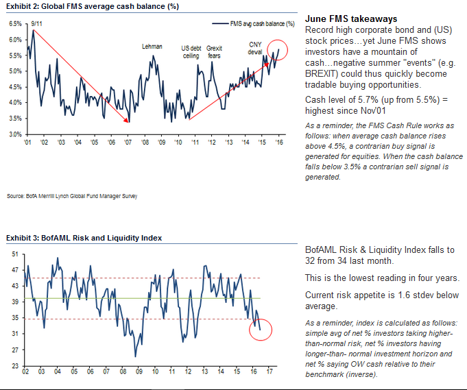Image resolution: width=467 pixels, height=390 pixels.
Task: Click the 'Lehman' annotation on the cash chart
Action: [x=152, y=47]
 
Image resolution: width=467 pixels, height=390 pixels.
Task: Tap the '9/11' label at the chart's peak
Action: [x=38, y=23]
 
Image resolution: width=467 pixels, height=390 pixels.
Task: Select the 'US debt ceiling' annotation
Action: [x=190, y=51]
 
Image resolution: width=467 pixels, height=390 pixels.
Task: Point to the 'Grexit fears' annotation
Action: [x=215, y=51]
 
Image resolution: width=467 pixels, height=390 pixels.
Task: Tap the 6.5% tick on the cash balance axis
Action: [x=15, y=23]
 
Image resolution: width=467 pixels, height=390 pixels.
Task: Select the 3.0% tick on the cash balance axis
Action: [x=15, y=134]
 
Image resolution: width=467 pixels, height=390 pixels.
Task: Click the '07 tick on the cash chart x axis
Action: [x=128, y=142]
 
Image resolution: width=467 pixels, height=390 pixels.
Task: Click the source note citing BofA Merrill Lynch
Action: [x=72, y=196]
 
